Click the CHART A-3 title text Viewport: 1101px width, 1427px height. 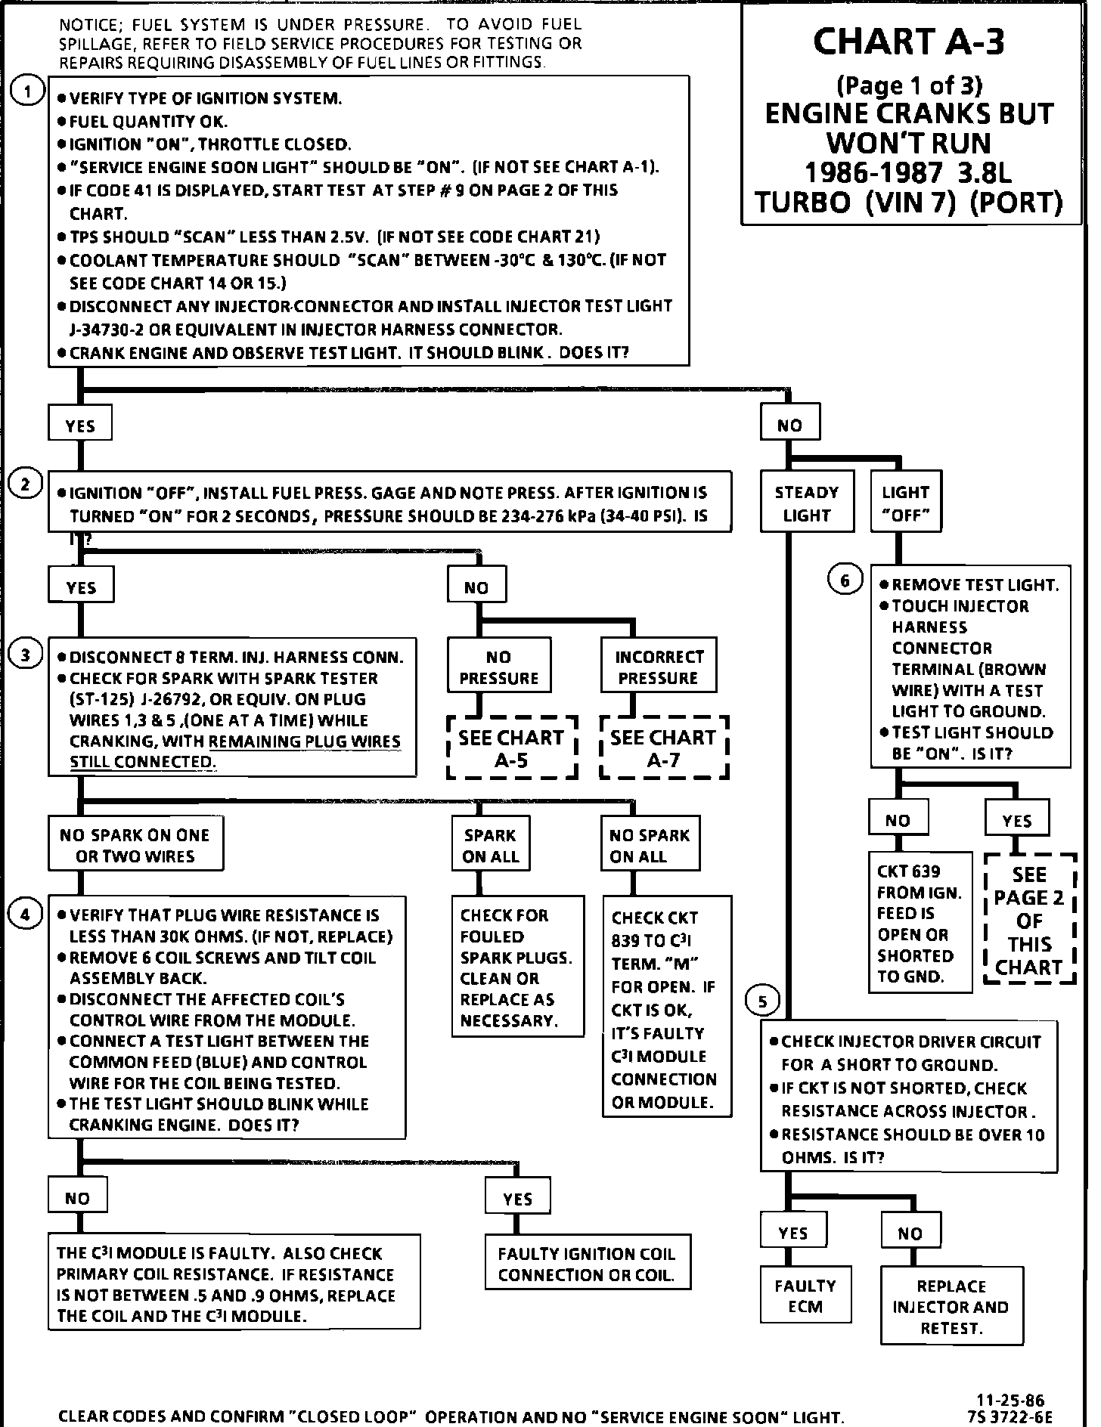(910, 42)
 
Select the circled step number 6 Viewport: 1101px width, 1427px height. (845, 580)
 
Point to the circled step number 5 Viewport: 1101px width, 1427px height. (762, 1002)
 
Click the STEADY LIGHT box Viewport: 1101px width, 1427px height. (807, 503)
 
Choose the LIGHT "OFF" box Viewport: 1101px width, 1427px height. (905, 503)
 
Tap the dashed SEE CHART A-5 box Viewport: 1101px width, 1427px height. (512, 748)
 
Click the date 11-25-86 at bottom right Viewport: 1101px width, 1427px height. (1010, 1400)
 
